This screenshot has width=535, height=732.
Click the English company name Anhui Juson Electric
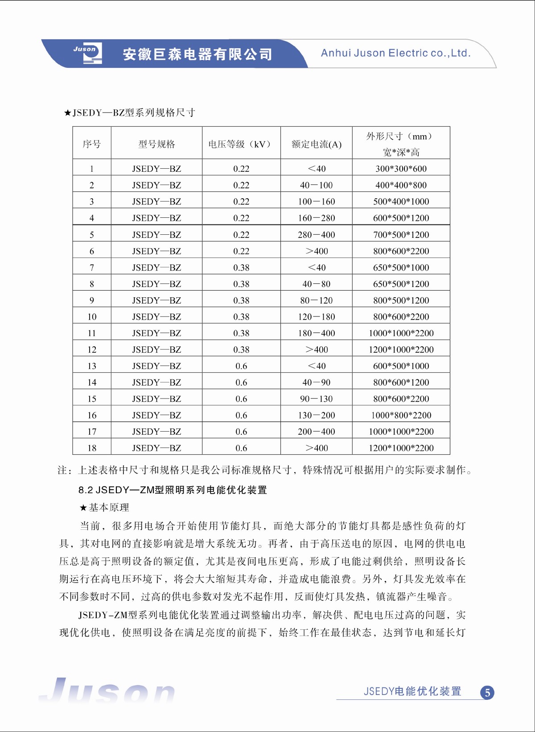click(395, 53)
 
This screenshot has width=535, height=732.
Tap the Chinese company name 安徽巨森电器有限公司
click(197, 54)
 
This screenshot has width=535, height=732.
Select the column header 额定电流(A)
click(317, 144)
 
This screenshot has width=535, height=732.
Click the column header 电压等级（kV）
click(241, 144)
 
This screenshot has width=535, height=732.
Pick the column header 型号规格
click(156, 144)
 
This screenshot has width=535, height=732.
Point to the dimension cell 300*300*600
click(401, 169)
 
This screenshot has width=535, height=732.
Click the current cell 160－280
click(317, 218)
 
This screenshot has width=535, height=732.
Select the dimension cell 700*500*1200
click(401, 235)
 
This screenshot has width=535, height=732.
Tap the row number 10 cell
click(92, 317)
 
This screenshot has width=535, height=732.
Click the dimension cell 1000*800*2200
click(401, 416)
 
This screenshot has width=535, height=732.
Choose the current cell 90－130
click(317, 399)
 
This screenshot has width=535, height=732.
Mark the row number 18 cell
click(92, 448)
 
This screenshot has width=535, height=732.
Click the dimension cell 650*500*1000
click(401, 268)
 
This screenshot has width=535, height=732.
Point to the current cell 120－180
click(317, 317)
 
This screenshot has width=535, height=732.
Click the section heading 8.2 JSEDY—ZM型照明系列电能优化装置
click(173, 490)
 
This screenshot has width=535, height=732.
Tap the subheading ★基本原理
click(104, 507)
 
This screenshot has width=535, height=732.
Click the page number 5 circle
click(487, 693)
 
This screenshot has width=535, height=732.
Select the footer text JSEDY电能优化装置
click(412, 691)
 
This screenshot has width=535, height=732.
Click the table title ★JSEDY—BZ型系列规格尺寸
click(129, 113)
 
